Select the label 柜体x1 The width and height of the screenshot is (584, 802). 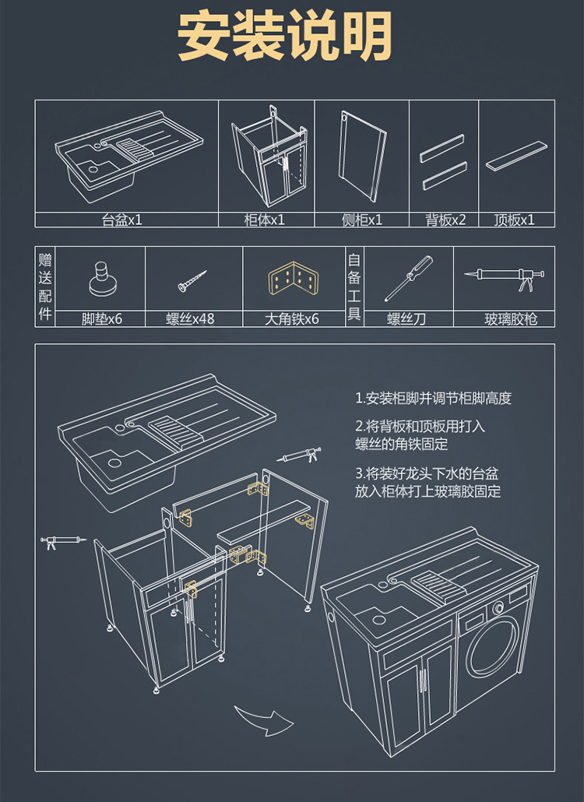click(x=265, y=220)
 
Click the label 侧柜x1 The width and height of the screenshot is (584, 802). click(x=362, y=220)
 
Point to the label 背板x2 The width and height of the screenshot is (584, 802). click(x=445, y=220)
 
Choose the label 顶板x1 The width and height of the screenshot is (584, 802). click(x=515, y=220)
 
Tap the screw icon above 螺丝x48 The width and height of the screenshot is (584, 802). click(x=192, y=280)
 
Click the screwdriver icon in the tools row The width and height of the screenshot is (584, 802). click(x=408, y=279)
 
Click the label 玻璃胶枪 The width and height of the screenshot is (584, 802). click(x=511, y=318)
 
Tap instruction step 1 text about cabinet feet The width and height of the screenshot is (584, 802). click(x=433, y=399)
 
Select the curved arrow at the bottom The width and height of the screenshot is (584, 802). click(x=262, y=721)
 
